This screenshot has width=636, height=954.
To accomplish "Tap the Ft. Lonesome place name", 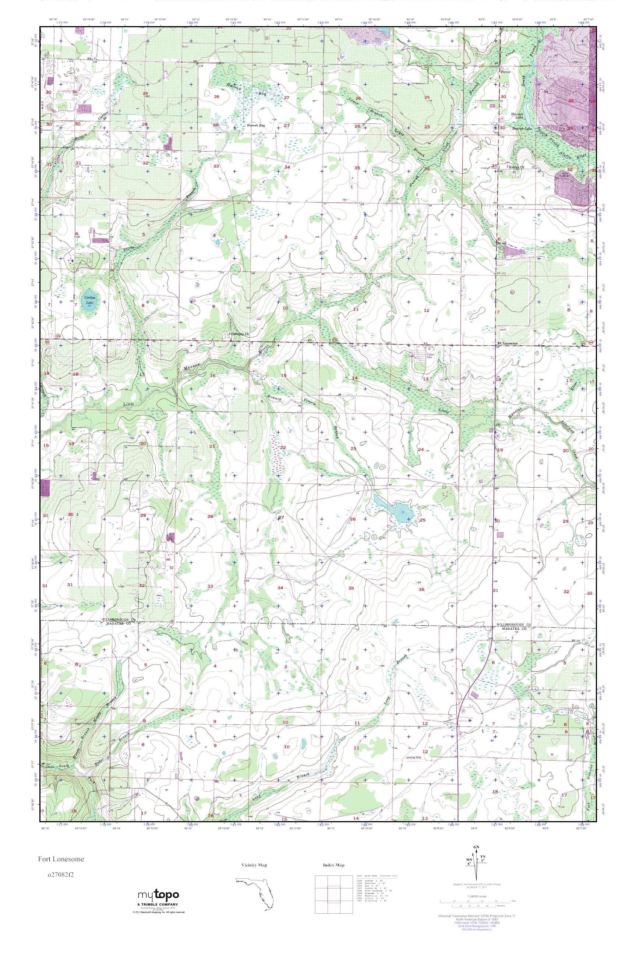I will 508,343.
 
